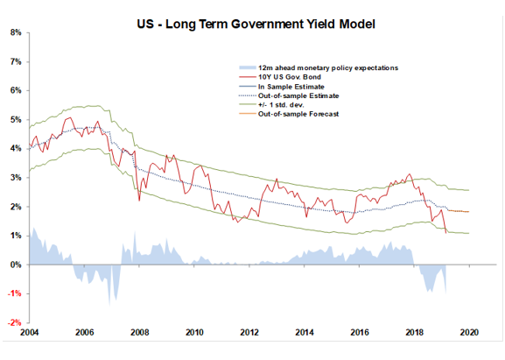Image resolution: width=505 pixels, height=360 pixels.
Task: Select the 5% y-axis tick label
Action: (17, 119)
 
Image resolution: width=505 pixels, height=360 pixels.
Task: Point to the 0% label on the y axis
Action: (17, 265)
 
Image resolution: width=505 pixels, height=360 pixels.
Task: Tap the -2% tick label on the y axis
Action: (15, 322)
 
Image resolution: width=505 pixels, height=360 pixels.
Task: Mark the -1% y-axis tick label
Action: (15, 293)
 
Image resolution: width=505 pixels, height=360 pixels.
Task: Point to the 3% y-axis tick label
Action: (17, 178)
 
